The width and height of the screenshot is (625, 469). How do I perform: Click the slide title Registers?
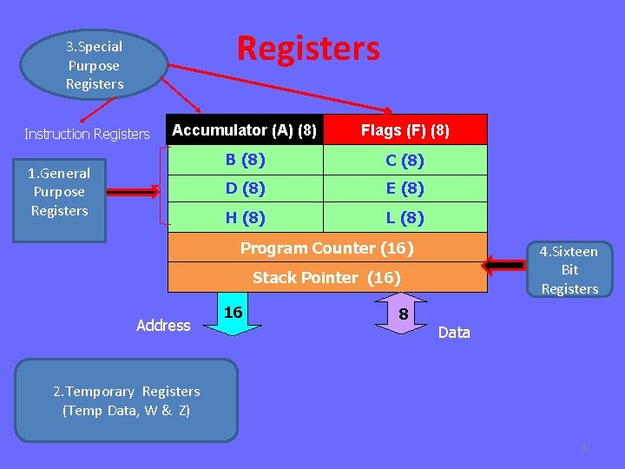[308, 49]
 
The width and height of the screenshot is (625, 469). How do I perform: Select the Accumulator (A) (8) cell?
[245, 130]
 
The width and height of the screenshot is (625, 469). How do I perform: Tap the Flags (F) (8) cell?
[405, 130]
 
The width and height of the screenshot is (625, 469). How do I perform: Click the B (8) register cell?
[245, 160]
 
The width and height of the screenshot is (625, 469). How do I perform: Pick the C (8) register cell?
[405, 160]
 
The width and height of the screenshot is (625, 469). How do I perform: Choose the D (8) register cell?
[245, 188]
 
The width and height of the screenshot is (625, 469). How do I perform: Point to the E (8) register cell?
[405, 188]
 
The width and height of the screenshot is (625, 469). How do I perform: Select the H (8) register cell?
[245, 217]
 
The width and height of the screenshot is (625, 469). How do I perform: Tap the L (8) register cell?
[405, 217]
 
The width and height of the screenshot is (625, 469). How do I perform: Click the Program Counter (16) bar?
[326, 248]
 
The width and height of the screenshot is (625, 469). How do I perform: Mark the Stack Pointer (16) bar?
[326, 278]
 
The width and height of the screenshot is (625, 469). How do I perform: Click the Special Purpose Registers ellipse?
[95, 65]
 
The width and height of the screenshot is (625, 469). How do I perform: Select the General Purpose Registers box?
[59, 192]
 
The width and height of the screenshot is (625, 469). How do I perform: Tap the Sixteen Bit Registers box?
[569, 270]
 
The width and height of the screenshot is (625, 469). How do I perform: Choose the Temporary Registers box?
[126, 400]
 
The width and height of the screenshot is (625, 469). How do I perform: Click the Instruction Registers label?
[87, 134]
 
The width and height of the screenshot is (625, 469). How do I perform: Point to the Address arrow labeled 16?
[234, 316]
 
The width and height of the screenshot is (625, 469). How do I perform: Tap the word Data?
[454, 333]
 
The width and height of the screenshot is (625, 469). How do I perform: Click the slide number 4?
[584, 448]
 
